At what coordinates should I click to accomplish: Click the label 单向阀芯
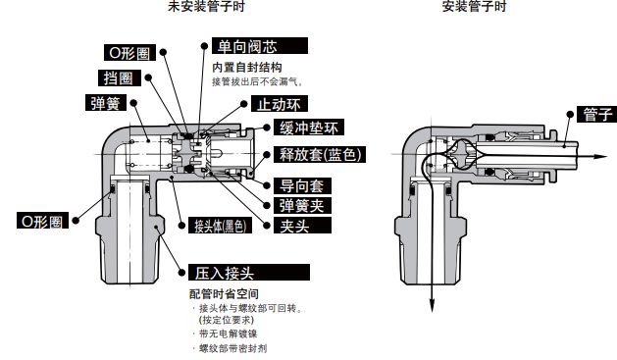(x=260, y=46)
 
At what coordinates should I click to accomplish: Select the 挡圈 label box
(x=120, y=77)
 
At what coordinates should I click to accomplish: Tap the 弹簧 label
(x=106, y=103)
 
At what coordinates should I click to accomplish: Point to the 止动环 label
(x=280, y=104)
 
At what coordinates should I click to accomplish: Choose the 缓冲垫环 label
(x=309, y=128)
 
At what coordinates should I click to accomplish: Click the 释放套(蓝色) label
(x=320, y=154)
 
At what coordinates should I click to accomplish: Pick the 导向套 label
(x=302, y=185)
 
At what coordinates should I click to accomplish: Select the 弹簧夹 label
(x=302, y=205)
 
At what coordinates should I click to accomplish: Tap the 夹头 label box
(x=302, y=226)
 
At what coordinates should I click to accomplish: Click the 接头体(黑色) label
(x=220, y=226)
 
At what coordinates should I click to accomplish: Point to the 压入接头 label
(x=249, y=273)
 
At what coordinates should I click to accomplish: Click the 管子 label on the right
(x=597, y=114)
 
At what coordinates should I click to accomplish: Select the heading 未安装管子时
(x=206, y=6)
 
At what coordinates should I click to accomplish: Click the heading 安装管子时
(x=474, y=6)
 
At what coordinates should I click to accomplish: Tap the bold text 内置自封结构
(x=247, y=68)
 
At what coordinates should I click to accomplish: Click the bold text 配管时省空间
(x=224, y=293)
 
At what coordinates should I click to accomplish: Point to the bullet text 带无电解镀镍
(x=228, y=334)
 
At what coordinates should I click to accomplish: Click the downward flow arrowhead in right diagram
(x=432, y=305)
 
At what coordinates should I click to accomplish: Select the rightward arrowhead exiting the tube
(x=600, y=156)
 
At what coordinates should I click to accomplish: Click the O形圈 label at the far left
(x=42, y=221)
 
